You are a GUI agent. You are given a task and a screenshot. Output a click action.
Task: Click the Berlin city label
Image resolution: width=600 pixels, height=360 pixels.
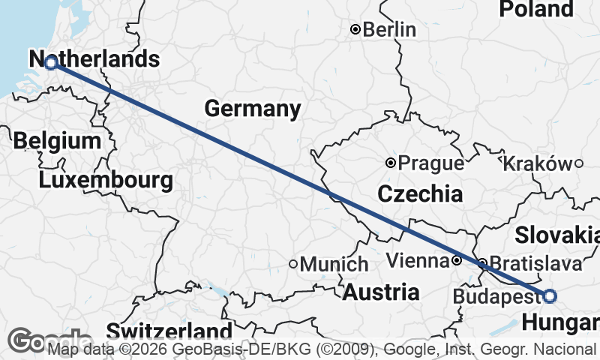(x=389, y=29)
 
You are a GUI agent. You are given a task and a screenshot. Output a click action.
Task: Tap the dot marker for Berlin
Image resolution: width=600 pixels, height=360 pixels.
(x=356, y=30)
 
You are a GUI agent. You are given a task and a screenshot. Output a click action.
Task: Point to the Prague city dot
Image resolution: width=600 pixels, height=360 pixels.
(x=391, y=163)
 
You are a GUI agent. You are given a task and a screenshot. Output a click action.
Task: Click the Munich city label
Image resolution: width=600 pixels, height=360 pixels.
(x=334, y=264)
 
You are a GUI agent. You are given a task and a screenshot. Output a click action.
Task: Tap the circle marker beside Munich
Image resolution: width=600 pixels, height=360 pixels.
(x=294, y=264)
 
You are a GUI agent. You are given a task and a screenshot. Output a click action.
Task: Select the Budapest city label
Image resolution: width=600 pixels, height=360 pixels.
(x=496, y=297)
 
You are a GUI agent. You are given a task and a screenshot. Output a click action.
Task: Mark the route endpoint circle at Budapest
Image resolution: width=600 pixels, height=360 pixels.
(x=550, y=296)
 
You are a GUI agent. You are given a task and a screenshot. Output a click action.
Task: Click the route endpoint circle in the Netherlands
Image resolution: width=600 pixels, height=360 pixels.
(x=51, y=64)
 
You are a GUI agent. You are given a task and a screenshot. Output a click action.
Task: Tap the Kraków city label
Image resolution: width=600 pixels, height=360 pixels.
(x=537, y=163)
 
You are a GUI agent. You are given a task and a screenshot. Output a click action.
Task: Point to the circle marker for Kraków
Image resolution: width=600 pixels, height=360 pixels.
(x=578, y=163)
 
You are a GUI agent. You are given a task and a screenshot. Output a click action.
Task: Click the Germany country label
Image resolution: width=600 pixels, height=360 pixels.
(x=253, y=109)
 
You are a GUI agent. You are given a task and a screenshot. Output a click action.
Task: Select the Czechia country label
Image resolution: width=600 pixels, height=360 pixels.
(x=419, y=195)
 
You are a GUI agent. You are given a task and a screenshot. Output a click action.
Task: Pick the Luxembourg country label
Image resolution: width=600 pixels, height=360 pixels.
(x=106, y=181)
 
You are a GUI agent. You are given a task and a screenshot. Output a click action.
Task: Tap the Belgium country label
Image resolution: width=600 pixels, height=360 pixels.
(x=57, y=141)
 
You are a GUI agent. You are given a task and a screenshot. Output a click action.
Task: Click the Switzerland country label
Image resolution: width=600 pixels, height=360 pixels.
(x=169, y=331)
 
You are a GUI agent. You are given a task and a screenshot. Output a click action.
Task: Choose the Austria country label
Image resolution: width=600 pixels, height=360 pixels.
(x=381, y=292)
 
